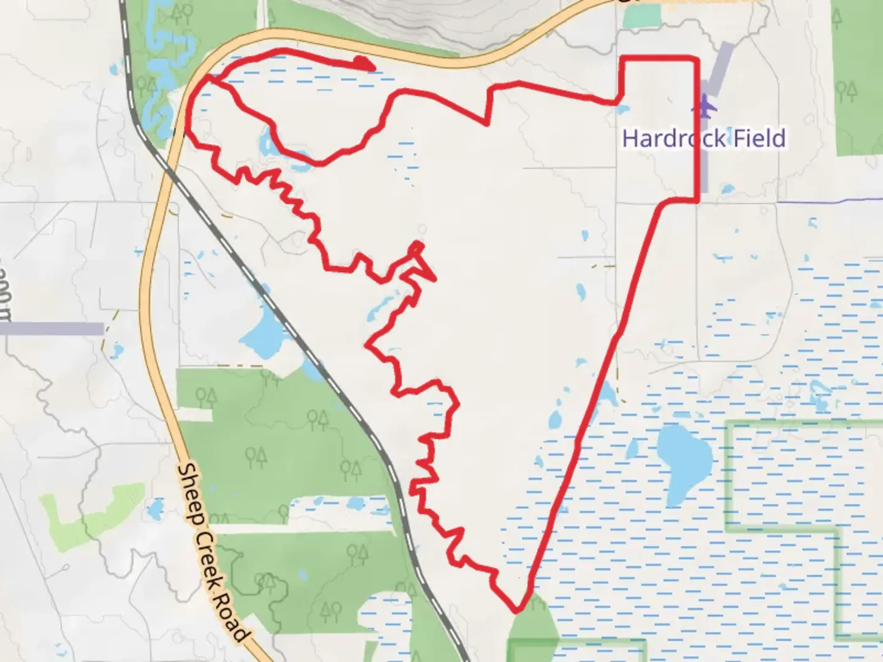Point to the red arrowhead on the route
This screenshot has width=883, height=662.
364,63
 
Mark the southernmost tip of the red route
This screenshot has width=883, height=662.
517,611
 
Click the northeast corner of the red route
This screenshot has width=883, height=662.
697,59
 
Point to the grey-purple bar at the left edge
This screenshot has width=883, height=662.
52,328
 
